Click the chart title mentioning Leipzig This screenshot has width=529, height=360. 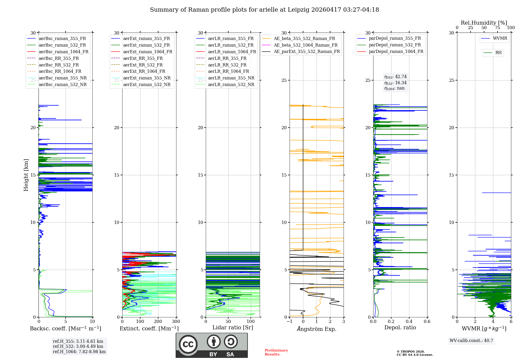pyautogui.click(x=264, y=10)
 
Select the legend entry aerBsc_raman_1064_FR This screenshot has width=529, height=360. pyautogui.click(x=58, y=52)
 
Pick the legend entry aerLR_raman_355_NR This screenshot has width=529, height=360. pyautogui.click(x=225, y=78)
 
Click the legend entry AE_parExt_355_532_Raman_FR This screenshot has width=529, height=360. pyautogui.click(x=301, y=51)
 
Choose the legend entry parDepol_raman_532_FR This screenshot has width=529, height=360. pyautogui.click(x=389, y=45)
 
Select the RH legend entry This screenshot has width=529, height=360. pyautogui.click(x=493, y=53)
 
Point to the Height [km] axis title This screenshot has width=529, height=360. pyautogui.click(x=26, y=175)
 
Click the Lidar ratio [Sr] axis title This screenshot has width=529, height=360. pyautogui.click(x=233, y=327)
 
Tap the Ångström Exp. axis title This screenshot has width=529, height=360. pyautogui.click(x=317, y=329)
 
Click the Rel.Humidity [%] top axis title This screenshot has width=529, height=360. pyautogui.click(x=484, y=23)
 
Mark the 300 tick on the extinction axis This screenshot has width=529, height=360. pyautogui.click(x=176, y=321)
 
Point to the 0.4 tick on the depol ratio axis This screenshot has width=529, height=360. pyautogui.click(x=409, y=321)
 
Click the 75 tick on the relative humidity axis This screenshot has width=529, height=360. pyautogui.click(x=498, y=28)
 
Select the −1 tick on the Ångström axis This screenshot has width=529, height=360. pyautogui.click(x=289, y=321)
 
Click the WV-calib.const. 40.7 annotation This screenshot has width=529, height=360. pyautogui.click(x=471, y=341)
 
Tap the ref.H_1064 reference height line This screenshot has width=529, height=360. pyautogui.click(x=79, y=352)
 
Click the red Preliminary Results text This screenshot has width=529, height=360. pyautogui.click(x=276, y=352)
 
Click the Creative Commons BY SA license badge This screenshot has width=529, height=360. pyautogui.click(x=212, y=345)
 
